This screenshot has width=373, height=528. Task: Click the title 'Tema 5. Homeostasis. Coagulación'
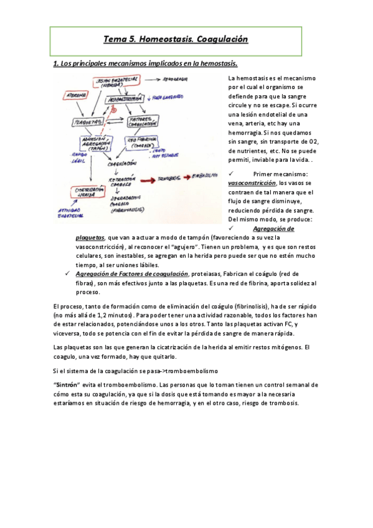[x=176, y=39]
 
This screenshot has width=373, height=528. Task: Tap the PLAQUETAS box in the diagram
[x=88, y=122]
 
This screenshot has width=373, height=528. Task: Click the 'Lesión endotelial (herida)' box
[x=115, y=83]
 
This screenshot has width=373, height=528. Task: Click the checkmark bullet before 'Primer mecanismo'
[x=232, y=174]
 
